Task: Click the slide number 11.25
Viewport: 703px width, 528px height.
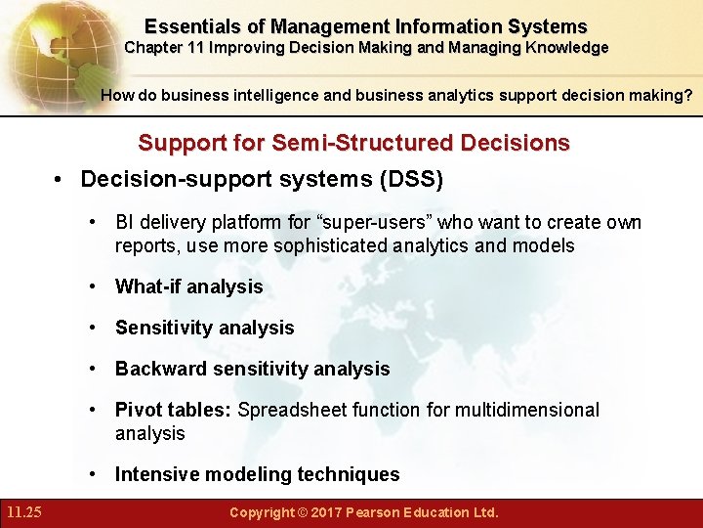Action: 22,512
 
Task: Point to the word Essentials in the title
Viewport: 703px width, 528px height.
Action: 187,26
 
